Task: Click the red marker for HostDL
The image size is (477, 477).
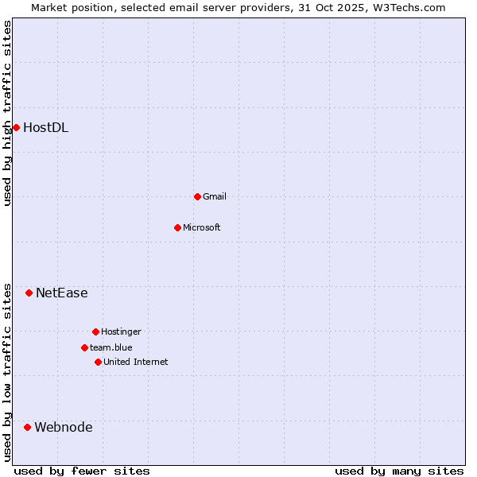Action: (16, 127)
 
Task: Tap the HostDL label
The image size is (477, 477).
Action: (45, 127)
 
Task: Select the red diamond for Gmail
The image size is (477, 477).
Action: (197, 196)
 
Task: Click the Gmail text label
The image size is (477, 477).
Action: (215, 196)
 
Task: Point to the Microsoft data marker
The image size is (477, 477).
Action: (177, 227)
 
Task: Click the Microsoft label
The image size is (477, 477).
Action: (201, 227)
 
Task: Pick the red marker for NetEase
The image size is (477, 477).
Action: (29, 293)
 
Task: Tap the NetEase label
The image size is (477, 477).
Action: (61, 293)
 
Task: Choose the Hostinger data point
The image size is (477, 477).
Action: (95, 332)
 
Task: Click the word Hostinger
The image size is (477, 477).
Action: (121, 332)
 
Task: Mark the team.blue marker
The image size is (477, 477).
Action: (84, 347)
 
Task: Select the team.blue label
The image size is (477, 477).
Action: (111, 347)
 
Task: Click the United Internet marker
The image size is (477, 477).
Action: (98, 362)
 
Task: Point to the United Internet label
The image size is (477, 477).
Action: (135, 362)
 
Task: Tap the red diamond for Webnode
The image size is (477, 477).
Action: (27, 427)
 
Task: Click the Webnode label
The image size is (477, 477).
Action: (63, 427)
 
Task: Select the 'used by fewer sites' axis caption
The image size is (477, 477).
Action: (82, 471)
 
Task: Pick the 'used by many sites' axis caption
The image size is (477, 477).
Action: (399, 471)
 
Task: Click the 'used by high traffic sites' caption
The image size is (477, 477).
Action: (7, 113)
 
